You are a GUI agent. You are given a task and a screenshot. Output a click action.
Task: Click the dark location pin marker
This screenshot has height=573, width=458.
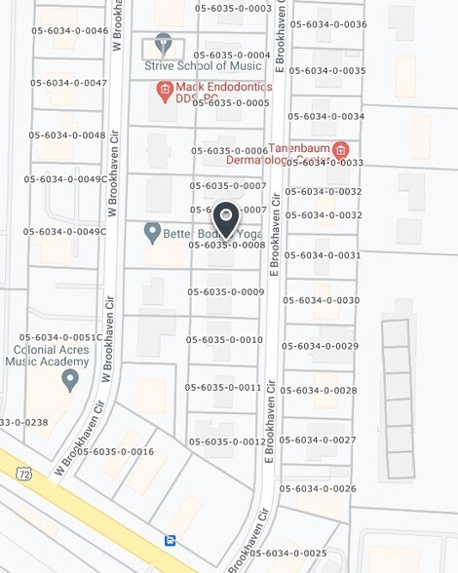coord(226,218)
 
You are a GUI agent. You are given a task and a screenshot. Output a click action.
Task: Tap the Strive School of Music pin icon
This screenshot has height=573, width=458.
coord(163,45)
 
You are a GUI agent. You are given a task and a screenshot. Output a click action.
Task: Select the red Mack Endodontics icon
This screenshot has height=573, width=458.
coord(165,91)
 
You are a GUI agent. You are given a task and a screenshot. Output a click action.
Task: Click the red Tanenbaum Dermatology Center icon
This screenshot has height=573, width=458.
coord(340,150)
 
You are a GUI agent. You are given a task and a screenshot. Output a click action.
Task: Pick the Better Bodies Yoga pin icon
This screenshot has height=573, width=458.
coord(152,233)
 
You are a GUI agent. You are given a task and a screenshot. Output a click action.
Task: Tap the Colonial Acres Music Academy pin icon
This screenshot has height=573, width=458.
coord(69,379)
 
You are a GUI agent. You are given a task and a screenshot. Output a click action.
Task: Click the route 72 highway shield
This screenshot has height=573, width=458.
coord(22,473)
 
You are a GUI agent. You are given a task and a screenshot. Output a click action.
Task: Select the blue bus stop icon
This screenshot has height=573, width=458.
coord(171,539)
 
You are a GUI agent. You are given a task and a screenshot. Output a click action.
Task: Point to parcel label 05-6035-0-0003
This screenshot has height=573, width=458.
coord(233,8)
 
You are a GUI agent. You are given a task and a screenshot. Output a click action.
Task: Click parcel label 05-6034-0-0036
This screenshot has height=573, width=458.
coord(328,24)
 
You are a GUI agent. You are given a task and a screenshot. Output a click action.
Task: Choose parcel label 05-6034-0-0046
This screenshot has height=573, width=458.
coord(69,30)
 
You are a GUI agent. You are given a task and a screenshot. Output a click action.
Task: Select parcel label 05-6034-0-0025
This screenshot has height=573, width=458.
coord(287,553)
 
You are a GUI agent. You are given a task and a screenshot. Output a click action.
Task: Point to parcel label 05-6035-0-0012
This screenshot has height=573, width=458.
coord(227,441)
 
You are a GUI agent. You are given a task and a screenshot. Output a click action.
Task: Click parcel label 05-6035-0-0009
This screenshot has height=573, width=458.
coord(226,291)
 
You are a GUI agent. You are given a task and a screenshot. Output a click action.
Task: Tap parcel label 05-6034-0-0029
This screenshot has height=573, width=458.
coord(320,346)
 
